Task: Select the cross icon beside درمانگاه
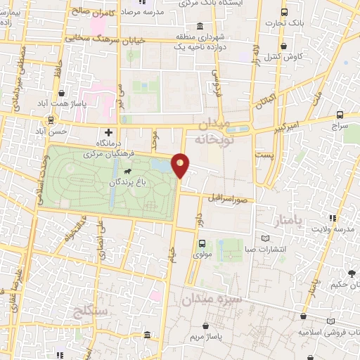tap(108, 132)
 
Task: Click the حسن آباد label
tap(50, 131)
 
